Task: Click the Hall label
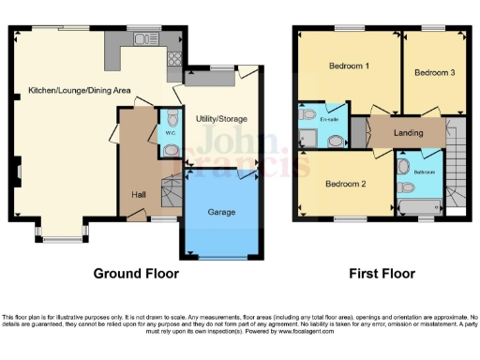click(138, 194)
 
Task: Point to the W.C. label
click(171, 133)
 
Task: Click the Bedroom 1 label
click(348, 67)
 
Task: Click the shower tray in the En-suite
click(308, 139)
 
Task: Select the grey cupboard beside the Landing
click(357, 134)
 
